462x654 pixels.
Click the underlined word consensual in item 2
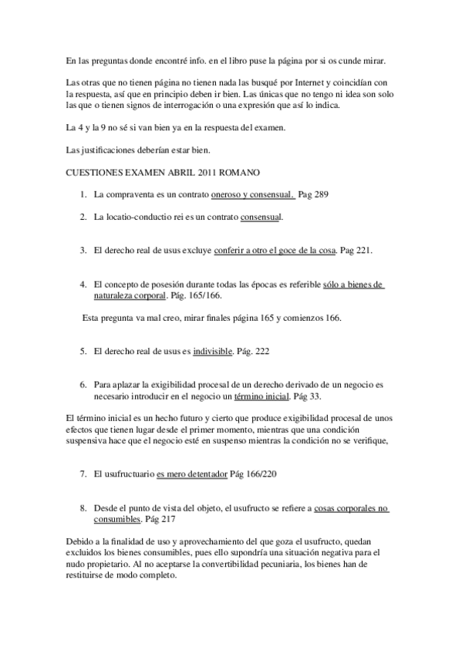click(261, 217)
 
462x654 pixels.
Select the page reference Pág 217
click(181, 519)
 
